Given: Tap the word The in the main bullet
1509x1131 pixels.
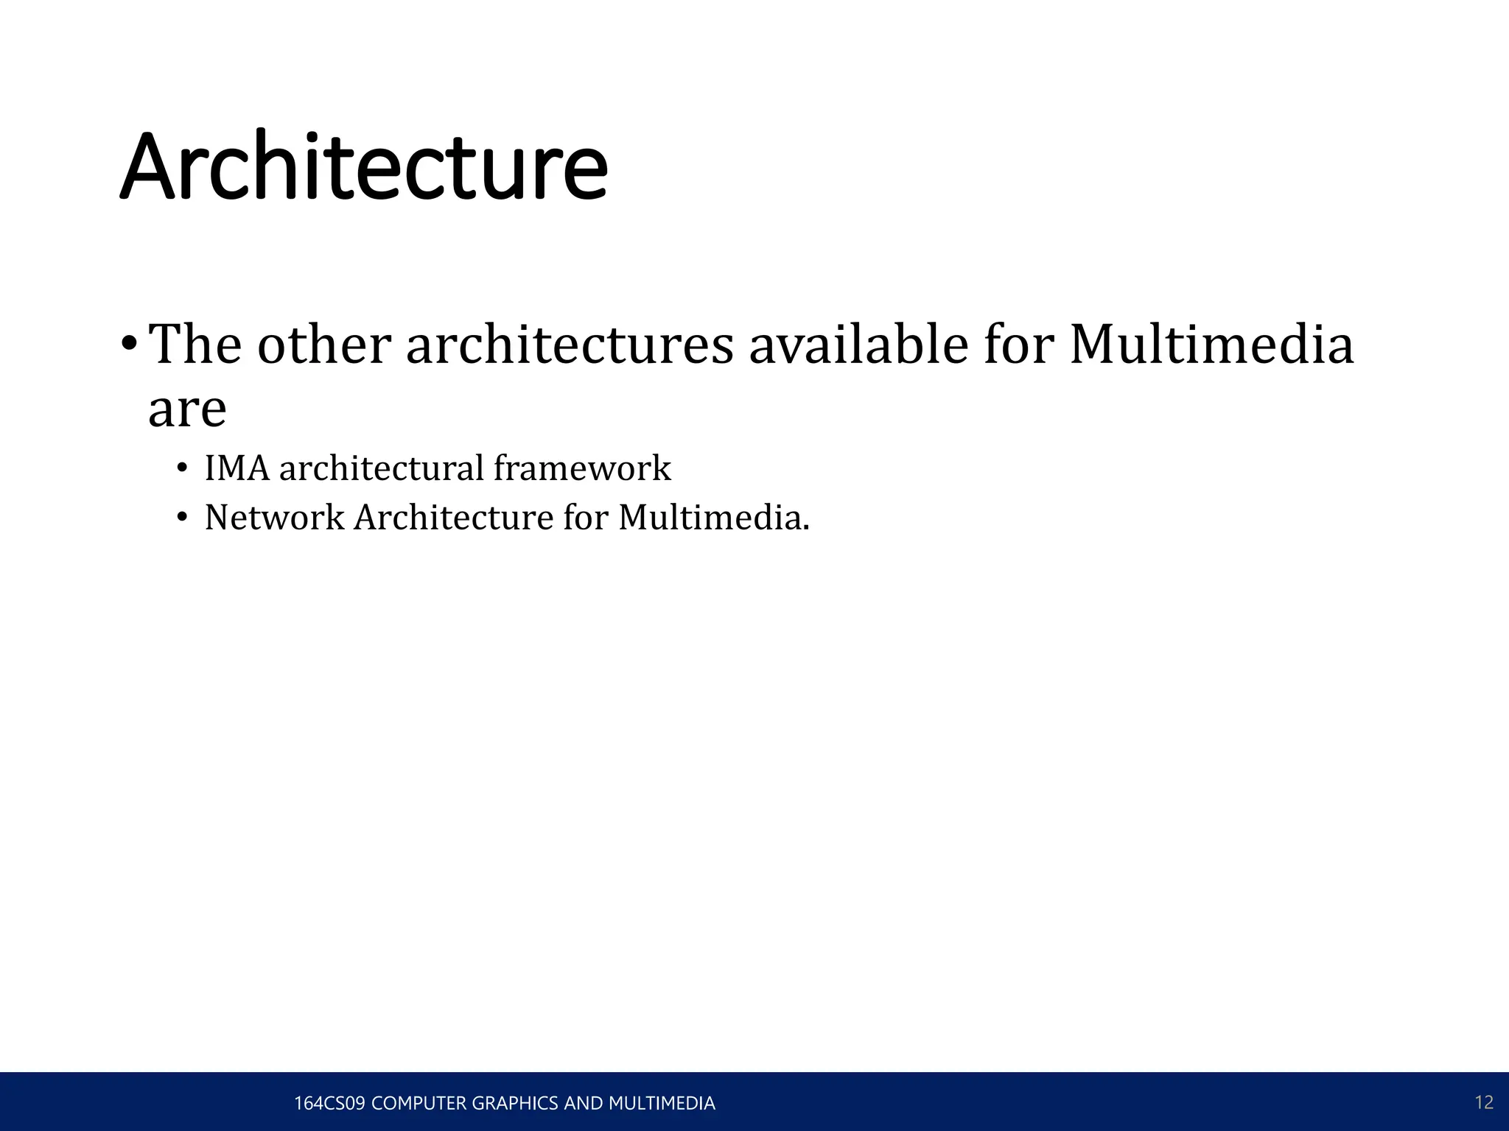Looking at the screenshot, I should pyautogui.click(x=195, y=345).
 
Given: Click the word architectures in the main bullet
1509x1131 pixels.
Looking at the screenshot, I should pyautogui.click(x=570, y=345).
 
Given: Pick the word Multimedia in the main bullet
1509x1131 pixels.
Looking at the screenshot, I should pyautogui.click(x=1211, y=345).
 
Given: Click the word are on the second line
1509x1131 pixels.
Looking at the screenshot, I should pyautogui.click(x=187, y=409).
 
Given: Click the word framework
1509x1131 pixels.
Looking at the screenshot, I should pyautogui.click(x=582, y=468).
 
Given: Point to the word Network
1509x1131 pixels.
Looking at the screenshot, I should pyautogui.click(x=274, y=518).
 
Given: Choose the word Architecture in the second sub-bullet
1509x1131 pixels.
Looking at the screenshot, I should pyautogui.click(x=453, y=518).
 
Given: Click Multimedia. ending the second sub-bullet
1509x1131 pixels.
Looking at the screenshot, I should pyautogui.click(x=713, y=518).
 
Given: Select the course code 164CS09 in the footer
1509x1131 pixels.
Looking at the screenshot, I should pyautogui.click(x=329, y=1103).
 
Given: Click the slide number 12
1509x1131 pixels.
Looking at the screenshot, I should pyautogui.click(x=1484, y=1102).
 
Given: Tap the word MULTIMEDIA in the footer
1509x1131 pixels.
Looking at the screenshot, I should pyautogui.click(x=661, y=1103).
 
